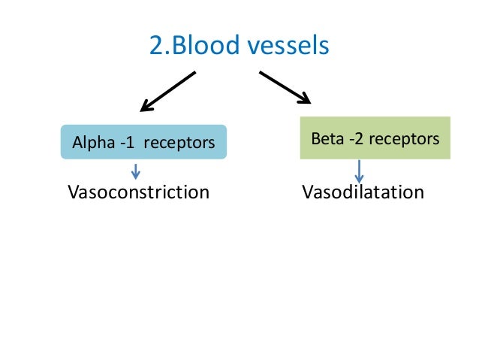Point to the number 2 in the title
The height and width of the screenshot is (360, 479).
click(x=156, y=46)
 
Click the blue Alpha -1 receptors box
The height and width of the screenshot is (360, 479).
click(x=143, y=142)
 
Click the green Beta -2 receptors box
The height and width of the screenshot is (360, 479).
click(x=375, y=138)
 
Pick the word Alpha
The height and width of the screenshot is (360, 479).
click(x=88, y=143)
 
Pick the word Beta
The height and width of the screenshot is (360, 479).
click(x=327, y=139)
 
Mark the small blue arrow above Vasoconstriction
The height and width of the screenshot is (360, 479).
click(x=136, y=170)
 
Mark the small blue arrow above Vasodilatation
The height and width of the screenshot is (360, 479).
click(x=360, y=171)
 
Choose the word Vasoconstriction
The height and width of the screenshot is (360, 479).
click(x=139, y=192)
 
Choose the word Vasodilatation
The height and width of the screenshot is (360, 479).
click(x=363, y=192)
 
